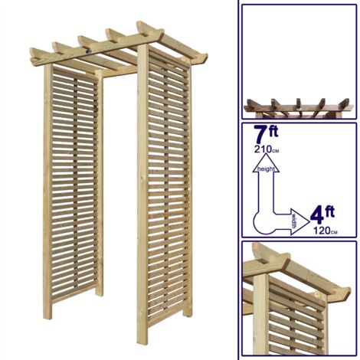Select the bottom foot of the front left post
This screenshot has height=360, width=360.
[x=143, y=339]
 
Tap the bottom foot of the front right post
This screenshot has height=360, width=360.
[x=186, y=314]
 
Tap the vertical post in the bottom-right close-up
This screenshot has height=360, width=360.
[x=261, y=314]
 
